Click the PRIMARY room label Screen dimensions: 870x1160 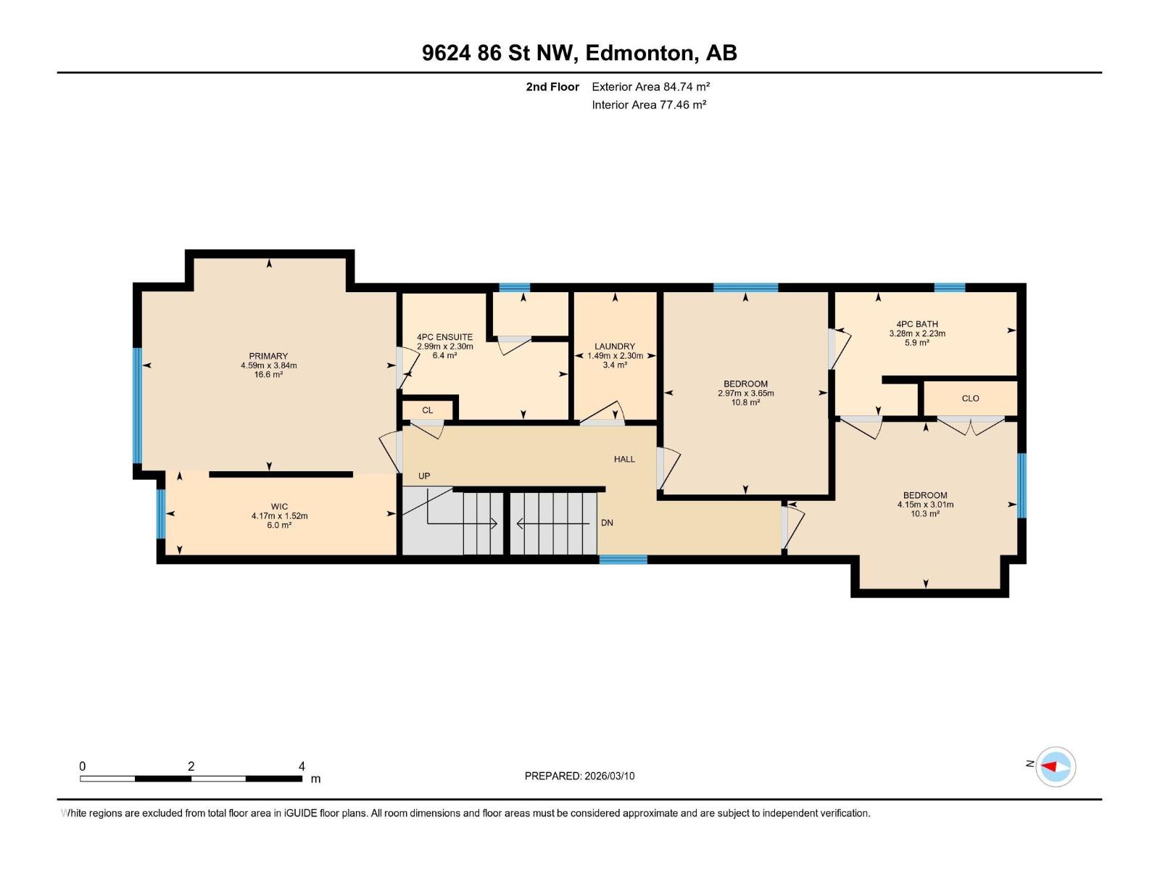tap(268, 356)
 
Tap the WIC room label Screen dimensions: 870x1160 tap(279, 507)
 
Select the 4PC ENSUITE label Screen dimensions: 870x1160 tap(444, 337)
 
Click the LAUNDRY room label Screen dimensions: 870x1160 tap(615, 347)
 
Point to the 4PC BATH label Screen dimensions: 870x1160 tap(917, 324)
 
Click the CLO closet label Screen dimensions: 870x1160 tap(970, 398)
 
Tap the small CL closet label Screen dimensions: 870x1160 tap(427, 410)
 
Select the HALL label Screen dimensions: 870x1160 tap(624, 459)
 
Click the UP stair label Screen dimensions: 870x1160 tap(424, 476)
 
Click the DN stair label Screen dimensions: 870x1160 tap(607, 523)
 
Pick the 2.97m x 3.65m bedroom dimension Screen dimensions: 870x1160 tap(745, 394)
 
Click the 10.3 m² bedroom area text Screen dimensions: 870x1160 tap(925, 513)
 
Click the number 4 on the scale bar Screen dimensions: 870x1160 tap(302, 766)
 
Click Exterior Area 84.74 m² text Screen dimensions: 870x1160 tap(650, 86)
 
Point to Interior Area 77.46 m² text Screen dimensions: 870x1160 tap(649, 104)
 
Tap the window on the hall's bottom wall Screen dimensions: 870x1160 tap(623, 559)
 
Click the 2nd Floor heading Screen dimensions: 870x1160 tap(552, 86)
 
